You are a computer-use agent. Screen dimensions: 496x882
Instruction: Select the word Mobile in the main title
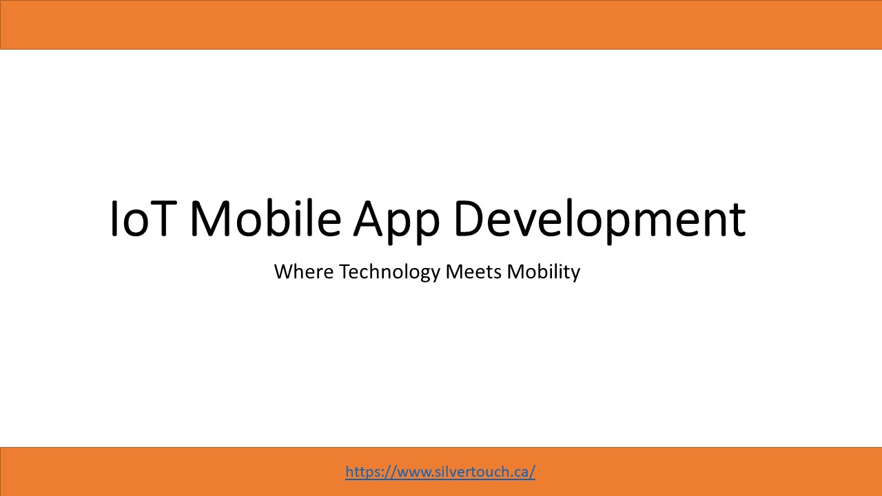[x=265, y=219]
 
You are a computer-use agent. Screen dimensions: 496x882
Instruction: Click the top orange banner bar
[x=441, y=25]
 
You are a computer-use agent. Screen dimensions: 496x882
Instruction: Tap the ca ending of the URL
[x=522, y=473]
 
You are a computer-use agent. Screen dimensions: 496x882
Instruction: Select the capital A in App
[x=371, y=219]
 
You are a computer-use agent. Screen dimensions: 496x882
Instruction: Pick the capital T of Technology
[x=344, y=271]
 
